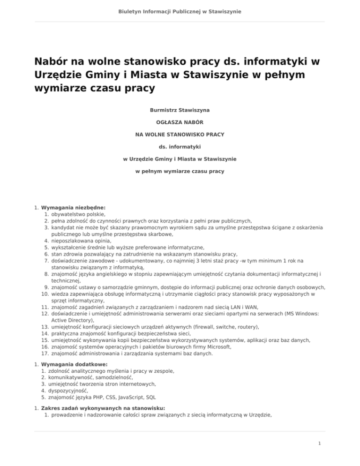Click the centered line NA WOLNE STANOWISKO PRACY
point(180,134)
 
